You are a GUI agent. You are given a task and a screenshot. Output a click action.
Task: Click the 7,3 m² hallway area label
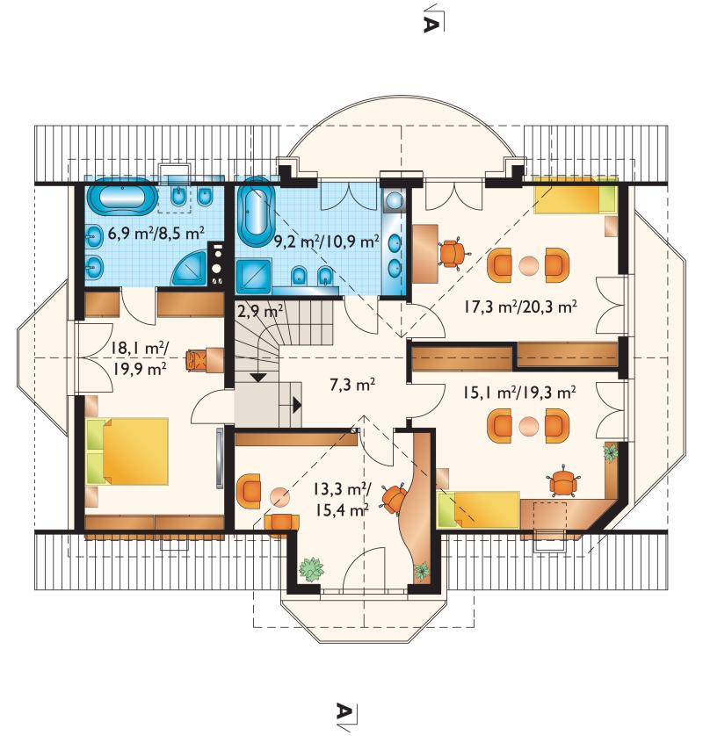coord(352,385)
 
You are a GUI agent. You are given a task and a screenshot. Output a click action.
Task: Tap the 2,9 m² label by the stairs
coord(260,311)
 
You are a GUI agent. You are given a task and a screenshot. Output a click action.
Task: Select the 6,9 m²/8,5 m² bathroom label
coord(156,233)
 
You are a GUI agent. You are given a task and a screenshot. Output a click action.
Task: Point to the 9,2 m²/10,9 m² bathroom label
coord(326,242)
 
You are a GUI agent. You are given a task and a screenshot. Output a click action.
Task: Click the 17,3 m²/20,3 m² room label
coord(520,307)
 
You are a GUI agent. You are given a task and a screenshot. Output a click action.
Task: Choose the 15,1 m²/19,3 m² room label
coord(519,392)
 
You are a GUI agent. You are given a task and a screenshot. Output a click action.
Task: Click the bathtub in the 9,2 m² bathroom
coord(257,215)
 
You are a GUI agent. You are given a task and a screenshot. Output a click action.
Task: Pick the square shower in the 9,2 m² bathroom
coord(254,277)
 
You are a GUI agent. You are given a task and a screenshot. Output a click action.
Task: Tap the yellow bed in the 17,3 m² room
coord(576,197)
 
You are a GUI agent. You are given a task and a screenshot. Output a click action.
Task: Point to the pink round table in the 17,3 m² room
coord(528,265)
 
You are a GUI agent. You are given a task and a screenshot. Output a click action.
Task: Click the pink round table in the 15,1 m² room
coord(528,426)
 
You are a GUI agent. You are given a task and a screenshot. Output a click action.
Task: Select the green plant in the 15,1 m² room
coord(611,453)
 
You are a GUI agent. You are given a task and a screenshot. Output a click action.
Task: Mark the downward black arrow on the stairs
coord(258,377)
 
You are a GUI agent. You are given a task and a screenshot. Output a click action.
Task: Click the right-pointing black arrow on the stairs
coord(297,405)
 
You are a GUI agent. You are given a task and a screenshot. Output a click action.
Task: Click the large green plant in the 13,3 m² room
coord(311,568)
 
